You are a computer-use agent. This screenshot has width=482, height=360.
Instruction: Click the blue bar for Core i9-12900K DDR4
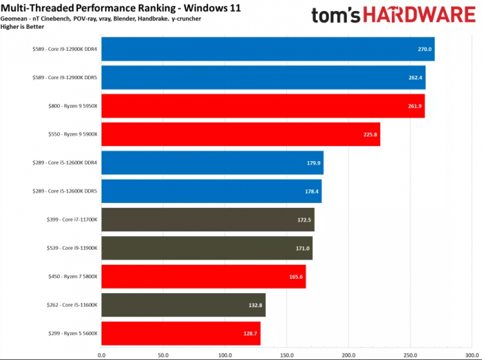(268, 49)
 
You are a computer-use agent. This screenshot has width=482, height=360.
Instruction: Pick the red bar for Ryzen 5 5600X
(181, 333)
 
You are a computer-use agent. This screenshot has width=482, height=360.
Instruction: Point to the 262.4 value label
(415, 78)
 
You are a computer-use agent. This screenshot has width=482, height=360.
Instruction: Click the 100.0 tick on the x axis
(225, 355)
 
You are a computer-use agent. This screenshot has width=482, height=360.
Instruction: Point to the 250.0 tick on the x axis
(410, 355)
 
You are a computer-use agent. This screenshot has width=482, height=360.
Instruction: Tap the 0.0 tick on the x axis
(102, 355)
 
